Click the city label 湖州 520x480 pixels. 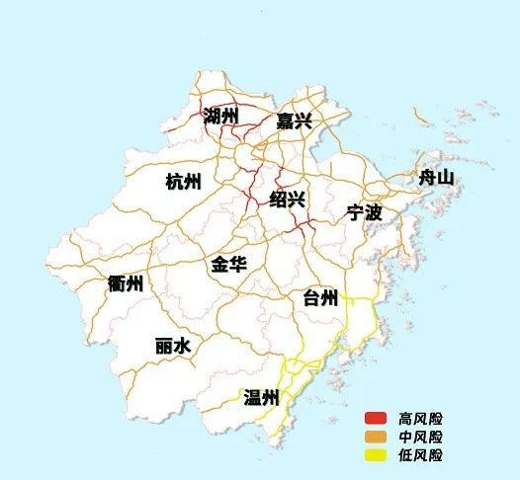[221, 117]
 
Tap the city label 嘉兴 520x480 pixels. [294, 122]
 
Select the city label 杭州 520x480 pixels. [183, 182]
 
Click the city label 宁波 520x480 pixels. [364, 211]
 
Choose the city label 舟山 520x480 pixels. [435, 178]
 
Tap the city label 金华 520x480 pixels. [228, 265]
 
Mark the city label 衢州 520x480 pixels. [126, 284]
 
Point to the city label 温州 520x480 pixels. [262, 398]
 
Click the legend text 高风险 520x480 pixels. [420, 418]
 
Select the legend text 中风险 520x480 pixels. [420, 437]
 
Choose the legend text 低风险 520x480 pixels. [420, 455]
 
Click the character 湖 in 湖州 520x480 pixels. [212, 117]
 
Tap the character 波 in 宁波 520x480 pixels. [374, 211]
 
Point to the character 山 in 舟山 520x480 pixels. [445, 178]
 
